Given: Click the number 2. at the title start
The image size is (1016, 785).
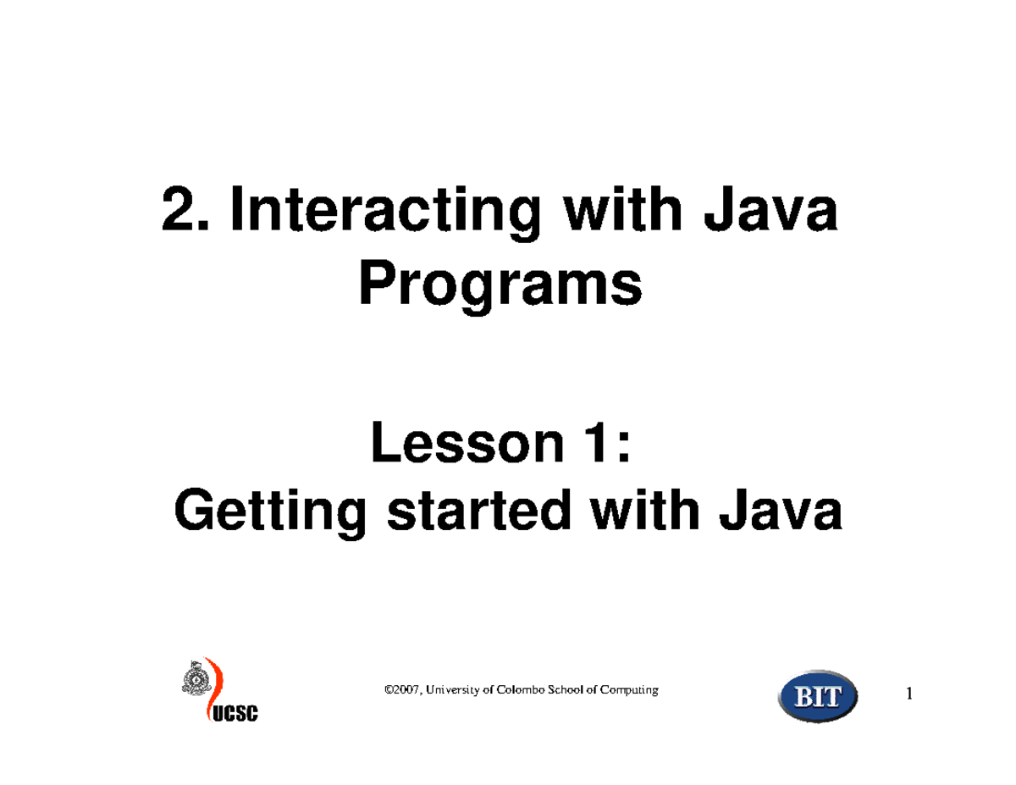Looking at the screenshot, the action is (x=185, y=208).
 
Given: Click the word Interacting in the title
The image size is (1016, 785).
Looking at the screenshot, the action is (x=385, y=213).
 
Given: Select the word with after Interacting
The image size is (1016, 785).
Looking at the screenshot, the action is (x=622, y=208).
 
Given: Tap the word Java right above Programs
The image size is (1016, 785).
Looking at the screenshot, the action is (x=770, y=208).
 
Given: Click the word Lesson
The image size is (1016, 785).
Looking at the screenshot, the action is (x=467, y=442).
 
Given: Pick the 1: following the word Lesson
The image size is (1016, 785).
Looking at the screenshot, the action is (x=606, y=442).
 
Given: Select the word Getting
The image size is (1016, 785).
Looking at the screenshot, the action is (x=271, y=513).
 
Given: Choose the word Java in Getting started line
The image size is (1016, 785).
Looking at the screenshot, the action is (x=781, y=510).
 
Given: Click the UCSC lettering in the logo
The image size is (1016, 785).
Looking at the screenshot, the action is (x=235, y=714).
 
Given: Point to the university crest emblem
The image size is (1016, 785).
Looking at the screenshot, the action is (x=196, y=678).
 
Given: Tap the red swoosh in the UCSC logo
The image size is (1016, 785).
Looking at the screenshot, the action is (x=214, y=688).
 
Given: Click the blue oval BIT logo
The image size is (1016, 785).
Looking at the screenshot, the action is (x=818, y=696).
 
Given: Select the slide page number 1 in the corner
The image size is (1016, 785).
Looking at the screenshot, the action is (x=909, y=694).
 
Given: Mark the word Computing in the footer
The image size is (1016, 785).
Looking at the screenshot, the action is (x=629, y=690).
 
